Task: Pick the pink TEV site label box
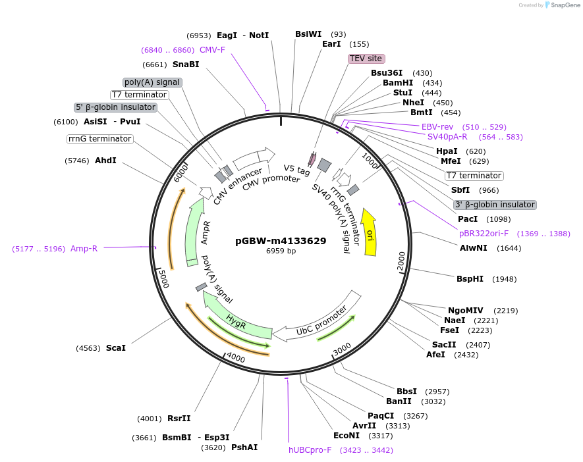[366, 59]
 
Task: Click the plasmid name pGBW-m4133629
[281, 241]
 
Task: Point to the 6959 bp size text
[281, 251]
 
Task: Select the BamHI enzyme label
[398, 83]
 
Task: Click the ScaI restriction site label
[116, 348]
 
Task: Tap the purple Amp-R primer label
[84, 249]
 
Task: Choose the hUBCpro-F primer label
[310, 450]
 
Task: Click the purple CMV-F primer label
[212, 50]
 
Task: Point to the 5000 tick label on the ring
[163, 278]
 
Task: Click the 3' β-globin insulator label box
[495, 205]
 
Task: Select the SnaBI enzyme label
[186, 64]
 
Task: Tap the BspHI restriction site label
[470, 279]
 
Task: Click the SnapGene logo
[561, 5]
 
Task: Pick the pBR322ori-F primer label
[484, 234]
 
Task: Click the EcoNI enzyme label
[347, 436]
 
